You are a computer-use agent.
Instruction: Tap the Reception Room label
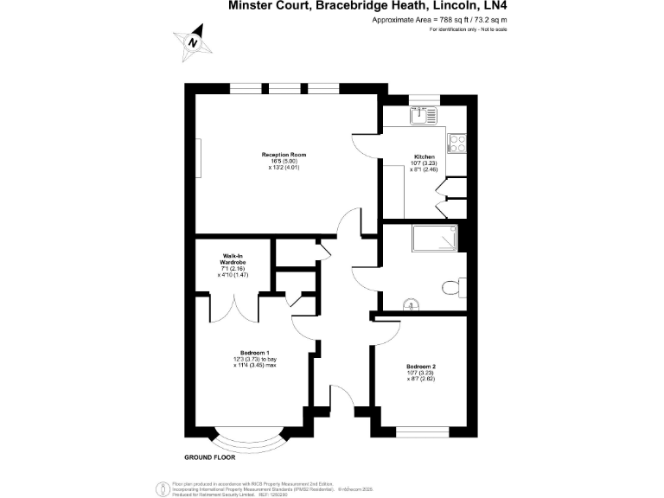tap(284, 155)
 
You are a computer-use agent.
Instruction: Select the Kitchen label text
tap(424, 157)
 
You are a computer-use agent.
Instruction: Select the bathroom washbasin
tap(412, 303)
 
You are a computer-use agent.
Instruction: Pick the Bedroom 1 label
tap(255, 352)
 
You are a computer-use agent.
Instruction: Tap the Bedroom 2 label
tap(421, 366)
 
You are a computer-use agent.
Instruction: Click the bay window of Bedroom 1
tap(251, 441)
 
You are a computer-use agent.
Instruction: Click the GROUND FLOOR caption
tap(212, 456)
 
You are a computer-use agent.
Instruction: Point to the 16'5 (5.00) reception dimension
tap(284, 161)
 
